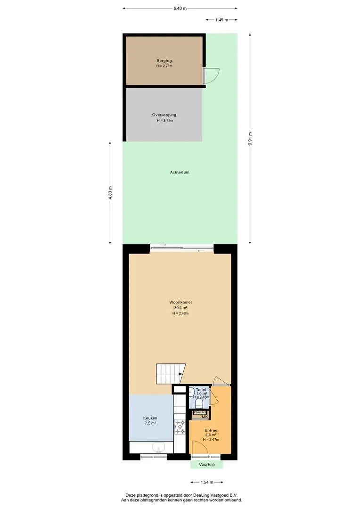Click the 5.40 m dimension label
[x=180, y=8]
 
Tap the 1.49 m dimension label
[x=222, y=20]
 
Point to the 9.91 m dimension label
[x=250, y=139]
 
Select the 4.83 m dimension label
[x=110, y=192]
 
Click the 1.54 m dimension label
[x=207, y=482]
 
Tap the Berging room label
[x=164, y=61]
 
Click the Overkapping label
[x=164, y=115]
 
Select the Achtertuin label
[x=180, y=172]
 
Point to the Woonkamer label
[x=180, y=302]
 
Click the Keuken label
[x=150, y=418]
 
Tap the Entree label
[x=211, y=430]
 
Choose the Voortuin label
[x=207, y=465]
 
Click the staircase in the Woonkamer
[x=171, y=374]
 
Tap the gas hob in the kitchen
[x=180, y=427]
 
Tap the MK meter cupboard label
[x=205, y=417]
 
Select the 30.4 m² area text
[x=180, y=308]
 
